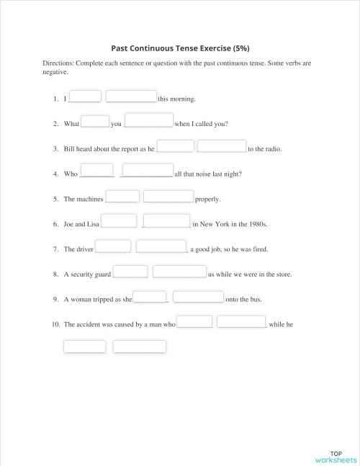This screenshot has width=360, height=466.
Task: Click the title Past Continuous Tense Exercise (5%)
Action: pos(180,48)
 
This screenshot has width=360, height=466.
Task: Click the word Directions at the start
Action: pos(58,63)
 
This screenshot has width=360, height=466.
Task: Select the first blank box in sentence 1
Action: pos(86,97)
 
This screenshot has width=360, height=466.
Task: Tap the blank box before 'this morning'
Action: pos(131,97)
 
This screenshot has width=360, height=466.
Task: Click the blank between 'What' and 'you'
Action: pos(95,121)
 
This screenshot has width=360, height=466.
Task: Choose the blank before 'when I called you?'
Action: pos(149,120)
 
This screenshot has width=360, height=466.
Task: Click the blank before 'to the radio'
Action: pos(222,146)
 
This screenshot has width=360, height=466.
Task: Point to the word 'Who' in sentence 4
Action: pos(71,174)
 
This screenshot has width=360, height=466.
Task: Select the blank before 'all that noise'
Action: pos(148,171)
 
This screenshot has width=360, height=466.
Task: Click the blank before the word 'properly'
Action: pos(168,196)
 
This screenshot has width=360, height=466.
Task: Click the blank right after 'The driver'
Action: pos(113,246)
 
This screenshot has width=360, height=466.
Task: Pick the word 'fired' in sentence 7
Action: pos(258,249)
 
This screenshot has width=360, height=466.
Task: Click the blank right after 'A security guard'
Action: pos(130,272)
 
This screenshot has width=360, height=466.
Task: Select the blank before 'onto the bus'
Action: pos(199,296)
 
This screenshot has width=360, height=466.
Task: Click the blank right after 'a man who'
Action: pos(194,321)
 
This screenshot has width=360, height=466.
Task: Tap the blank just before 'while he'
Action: pos(242,321)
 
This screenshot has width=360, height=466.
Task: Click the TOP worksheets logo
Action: pos(336,457)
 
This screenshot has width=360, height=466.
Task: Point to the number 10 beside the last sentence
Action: pos(55,325)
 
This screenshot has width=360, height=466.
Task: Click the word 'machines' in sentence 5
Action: pos(89,199)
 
